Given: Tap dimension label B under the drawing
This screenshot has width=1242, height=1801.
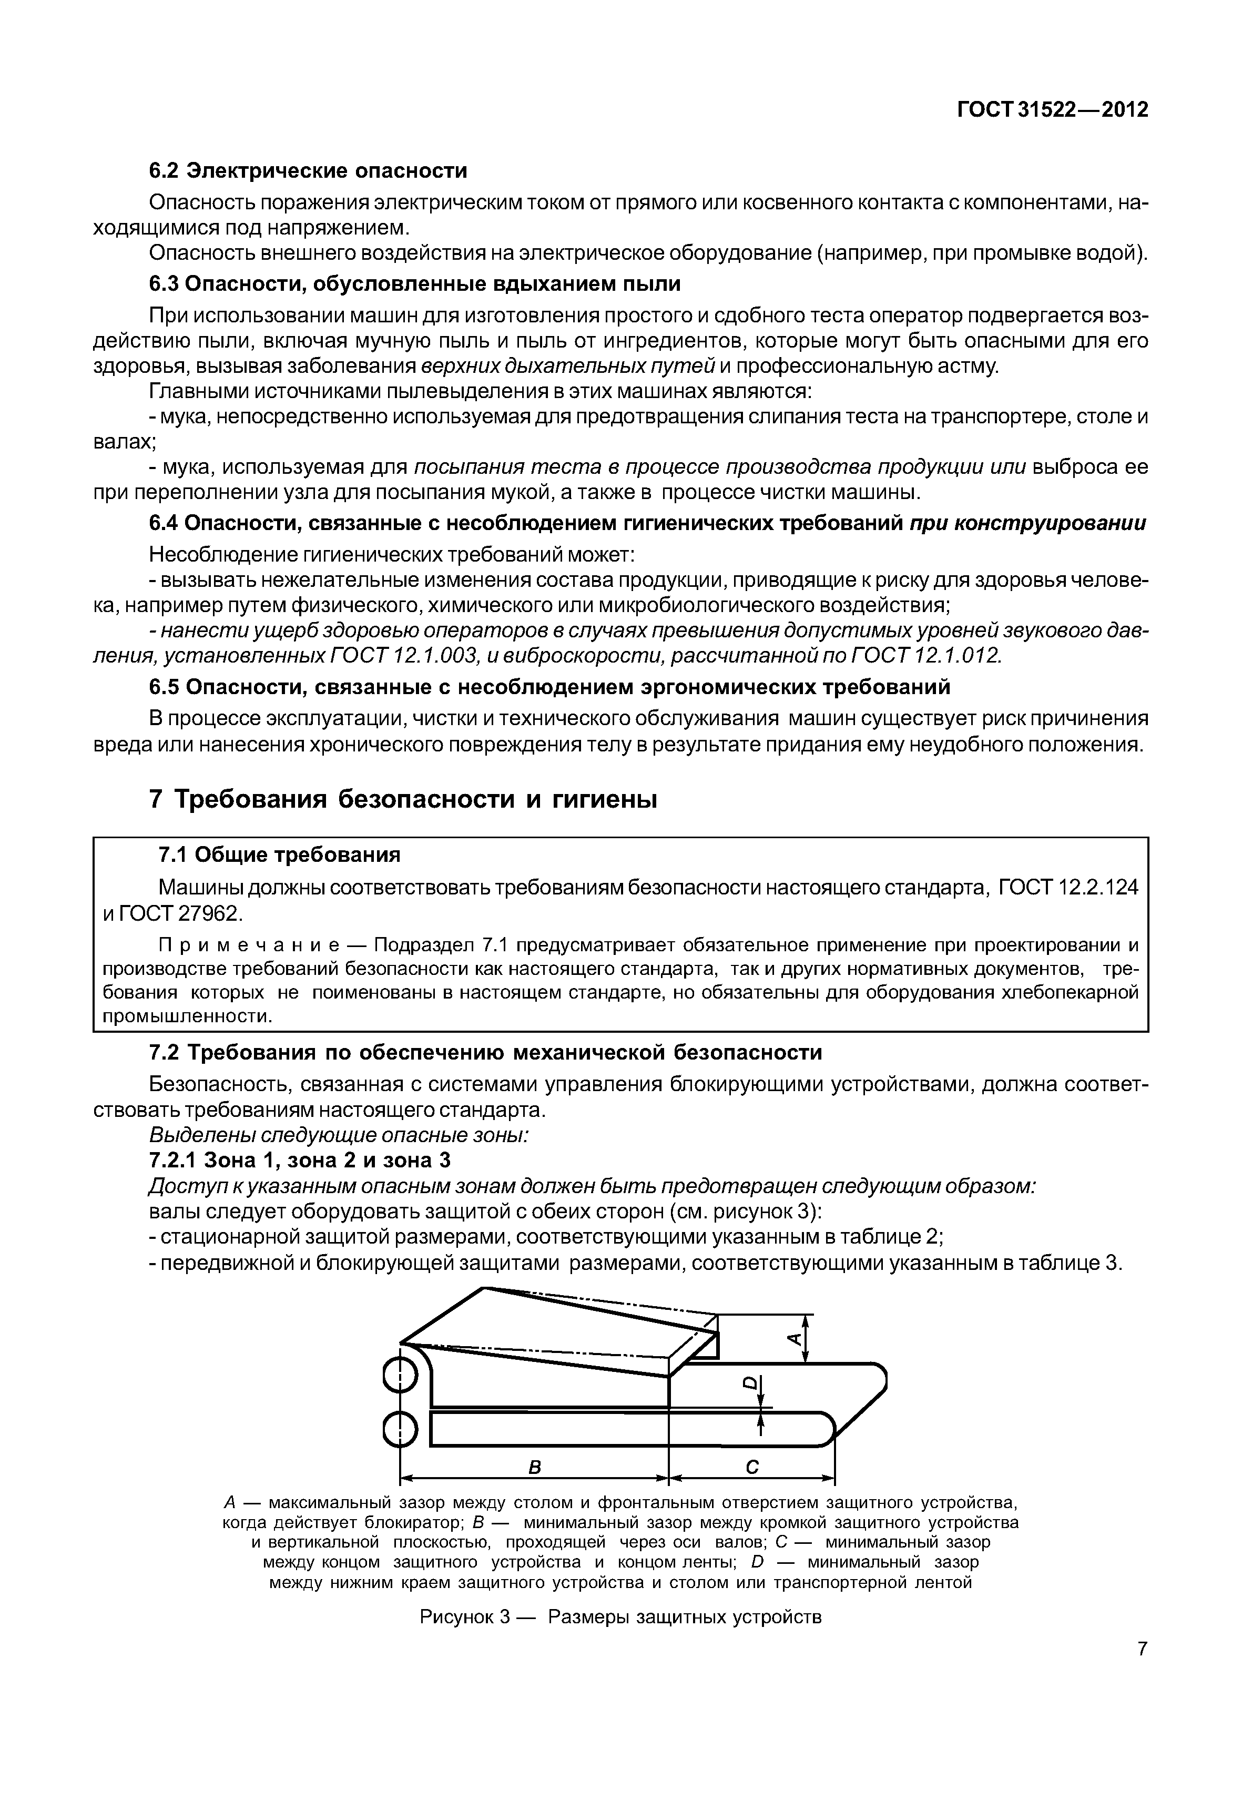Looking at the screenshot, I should pyautogui.click(x=535, y=1467).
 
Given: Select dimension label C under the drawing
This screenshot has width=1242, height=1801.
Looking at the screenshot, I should pyautogui.click(x=752, y=1467).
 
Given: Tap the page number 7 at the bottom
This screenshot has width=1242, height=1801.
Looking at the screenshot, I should pyautogui.click(x=1142, y=1671).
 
